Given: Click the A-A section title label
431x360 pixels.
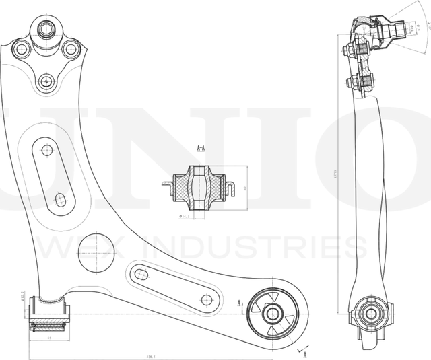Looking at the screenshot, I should pyautogui.click(x=201, y=147).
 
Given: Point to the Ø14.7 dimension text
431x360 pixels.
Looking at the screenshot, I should pyautogui.click(x=187, y=217).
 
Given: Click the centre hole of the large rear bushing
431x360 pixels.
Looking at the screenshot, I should pyautogui.click(x=272, y=313).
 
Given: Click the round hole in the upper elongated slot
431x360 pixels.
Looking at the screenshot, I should pyautogui.click(x=46, y=150).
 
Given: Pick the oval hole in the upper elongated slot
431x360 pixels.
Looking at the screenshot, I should pyautogui.click(x=59, y=200).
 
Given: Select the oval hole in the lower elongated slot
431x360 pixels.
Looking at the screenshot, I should pyautogui.click(x=141, y=274).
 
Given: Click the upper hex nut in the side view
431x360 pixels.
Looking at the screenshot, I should pyautogui.click(x=350, y=50).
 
